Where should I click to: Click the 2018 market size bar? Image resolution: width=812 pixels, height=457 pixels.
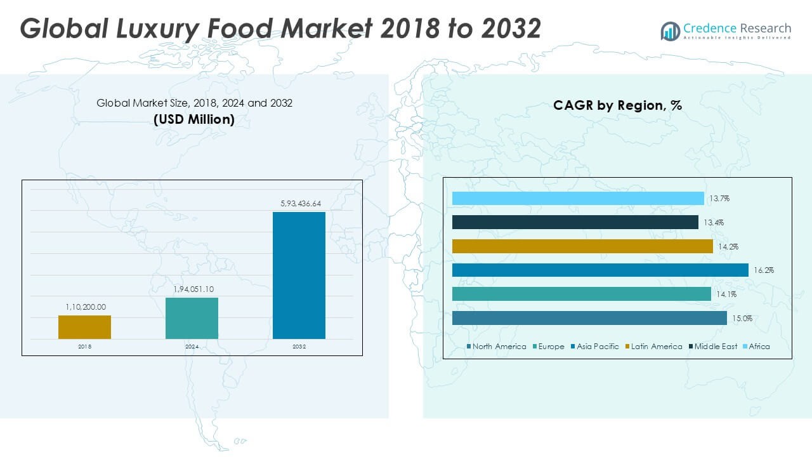84,327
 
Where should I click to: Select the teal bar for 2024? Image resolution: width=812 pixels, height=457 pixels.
192,318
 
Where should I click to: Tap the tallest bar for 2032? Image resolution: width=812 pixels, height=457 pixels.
299,275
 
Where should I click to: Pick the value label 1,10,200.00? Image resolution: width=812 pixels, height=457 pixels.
85,307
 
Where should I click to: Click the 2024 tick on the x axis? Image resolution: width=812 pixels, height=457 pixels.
192,347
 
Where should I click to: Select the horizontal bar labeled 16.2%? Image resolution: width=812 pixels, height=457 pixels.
599,270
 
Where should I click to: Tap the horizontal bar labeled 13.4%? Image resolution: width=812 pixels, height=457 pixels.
575,222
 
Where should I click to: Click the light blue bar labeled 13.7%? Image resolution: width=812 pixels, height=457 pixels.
577,199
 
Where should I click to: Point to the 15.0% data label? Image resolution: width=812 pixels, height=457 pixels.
742,319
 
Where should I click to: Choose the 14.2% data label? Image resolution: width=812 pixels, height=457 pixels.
728,246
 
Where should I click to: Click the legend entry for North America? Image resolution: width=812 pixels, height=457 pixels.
496,347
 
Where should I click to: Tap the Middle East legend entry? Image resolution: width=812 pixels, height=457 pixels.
712,347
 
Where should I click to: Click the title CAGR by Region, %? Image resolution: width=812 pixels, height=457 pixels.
617,105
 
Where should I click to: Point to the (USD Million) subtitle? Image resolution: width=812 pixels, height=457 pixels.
194,119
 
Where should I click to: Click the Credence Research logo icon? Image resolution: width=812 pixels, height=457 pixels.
671,31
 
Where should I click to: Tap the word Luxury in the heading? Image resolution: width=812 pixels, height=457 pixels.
148,29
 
